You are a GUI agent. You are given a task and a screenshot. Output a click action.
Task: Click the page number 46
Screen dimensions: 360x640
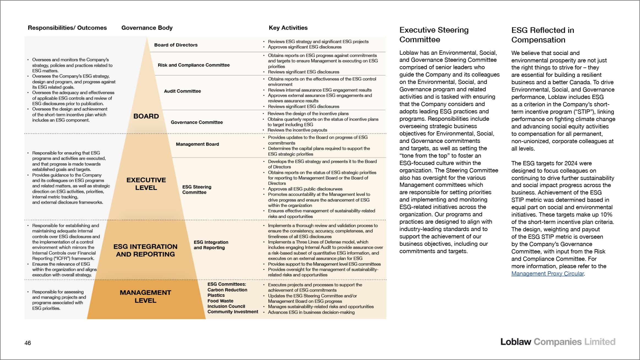point(28,343)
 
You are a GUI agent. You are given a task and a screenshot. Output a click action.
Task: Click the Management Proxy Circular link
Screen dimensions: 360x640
point(547,274)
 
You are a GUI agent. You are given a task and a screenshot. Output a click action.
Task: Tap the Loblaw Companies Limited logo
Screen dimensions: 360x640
point(557,342)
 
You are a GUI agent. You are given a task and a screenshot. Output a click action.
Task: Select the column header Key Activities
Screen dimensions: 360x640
point(288,28)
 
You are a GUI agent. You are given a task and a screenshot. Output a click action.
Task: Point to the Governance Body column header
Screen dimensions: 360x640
point(147,28)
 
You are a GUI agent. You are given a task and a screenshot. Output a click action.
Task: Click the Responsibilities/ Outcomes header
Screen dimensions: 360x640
point(67,28)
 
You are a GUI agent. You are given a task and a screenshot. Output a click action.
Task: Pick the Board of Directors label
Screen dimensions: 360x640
point(176,45)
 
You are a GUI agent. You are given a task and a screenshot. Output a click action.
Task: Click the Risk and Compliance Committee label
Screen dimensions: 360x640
point(193,65)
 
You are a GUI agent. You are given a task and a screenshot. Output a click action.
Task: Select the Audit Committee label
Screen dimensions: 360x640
point(182,91)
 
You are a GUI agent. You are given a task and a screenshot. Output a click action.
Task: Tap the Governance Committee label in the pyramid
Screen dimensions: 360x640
point(197,122)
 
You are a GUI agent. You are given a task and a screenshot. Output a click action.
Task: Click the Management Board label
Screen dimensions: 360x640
point(197,144)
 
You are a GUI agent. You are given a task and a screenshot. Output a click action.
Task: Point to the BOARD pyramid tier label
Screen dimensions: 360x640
point(146,116)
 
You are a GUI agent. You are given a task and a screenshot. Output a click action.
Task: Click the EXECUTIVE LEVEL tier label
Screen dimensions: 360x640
point(146,184)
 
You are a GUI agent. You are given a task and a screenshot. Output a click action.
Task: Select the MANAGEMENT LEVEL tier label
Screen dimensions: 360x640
point(146,296)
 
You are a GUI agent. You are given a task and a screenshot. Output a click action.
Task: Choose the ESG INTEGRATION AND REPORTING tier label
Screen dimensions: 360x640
point(145,250)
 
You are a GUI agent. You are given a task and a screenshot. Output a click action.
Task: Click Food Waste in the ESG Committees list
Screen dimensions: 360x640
point(220,301)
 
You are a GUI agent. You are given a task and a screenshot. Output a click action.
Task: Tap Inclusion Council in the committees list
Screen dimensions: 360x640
point(226,306)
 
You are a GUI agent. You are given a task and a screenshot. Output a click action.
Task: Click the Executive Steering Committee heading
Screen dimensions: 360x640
point(434,35)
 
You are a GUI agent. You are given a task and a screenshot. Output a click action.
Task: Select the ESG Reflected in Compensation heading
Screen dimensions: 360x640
point(543,35)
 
